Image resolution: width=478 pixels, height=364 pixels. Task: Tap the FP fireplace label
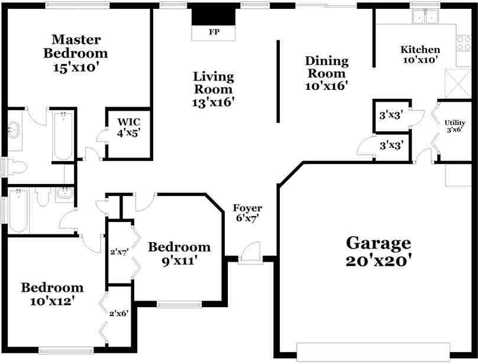click(212, 32)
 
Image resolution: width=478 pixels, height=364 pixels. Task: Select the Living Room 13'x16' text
click(214, 89)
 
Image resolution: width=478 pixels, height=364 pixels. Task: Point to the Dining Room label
click(326, 73)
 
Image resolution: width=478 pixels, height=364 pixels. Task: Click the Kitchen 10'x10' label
click(420, 55)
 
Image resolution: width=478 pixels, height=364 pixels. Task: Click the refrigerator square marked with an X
click(455, 82)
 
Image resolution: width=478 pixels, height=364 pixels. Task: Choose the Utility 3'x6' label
click(454, 125)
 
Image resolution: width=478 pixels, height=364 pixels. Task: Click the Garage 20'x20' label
click(378, 251)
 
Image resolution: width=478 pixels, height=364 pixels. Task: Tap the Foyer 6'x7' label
click(247, 213)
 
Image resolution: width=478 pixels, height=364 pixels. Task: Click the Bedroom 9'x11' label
click(179, 253)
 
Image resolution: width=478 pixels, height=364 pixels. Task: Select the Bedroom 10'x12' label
click(52, 294)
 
